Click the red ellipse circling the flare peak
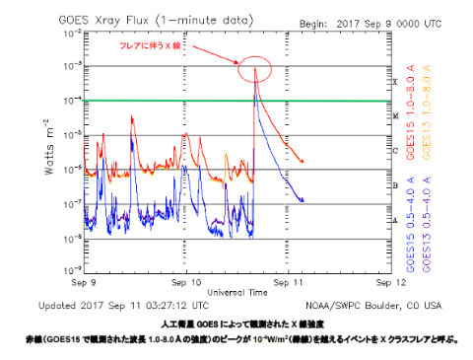[x=255, y=68]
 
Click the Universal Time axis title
[x=236, y=265]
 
